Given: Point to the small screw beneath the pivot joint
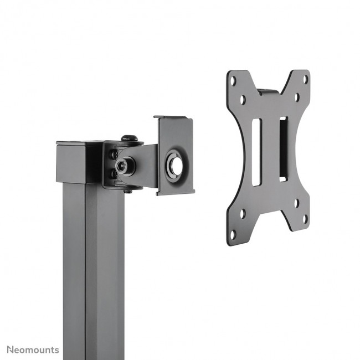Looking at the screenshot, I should [x=127, y=192].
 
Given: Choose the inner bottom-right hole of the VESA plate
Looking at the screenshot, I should [x=296, y=203].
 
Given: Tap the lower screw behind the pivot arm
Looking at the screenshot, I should [x=114, y=173].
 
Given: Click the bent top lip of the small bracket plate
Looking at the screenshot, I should [x=173, y=118].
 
